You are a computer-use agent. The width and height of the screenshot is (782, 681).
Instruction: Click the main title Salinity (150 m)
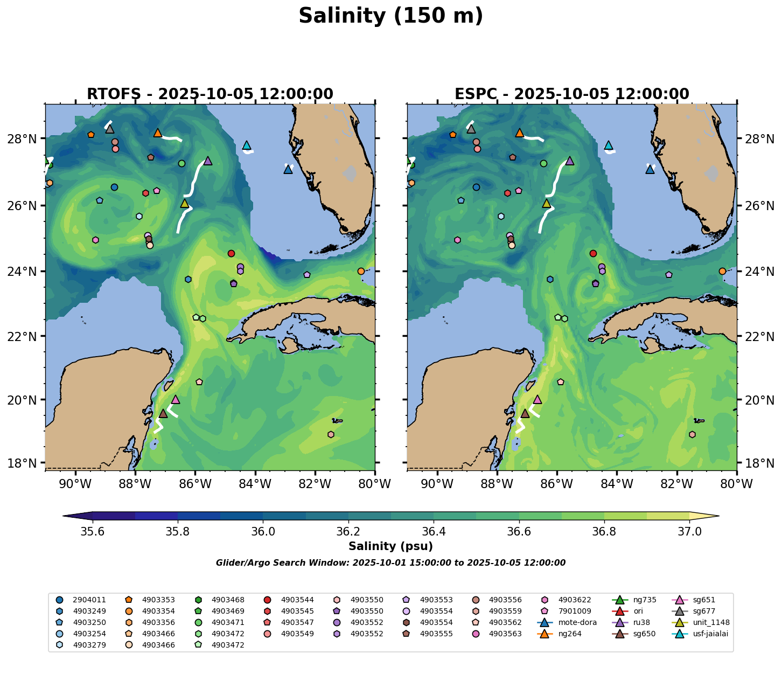pyautogui.click(x=390, y=16)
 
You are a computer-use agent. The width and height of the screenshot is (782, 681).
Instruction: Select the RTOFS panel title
pyautogui.click(x=210, y=94)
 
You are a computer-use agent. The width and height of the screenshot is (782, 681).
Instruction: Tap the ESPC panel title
pyautogui.click(x=571, y=94)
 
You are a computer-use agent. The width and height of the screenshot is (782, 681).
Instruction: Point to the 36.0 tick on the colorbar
pyautogui.click(x=263, y=531)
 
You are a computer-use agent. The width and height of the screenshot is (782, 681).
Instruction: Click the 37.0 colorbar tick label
pyautogui.click(x=689, y=531)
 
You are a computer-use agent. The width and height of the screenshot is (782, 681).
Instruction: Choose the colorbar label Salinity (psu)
pyautogui.click(x=390, y=546)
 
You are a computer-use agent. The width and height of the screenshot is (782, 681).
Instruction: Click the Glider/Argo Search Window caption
pyautogui.click(x=390, y=563)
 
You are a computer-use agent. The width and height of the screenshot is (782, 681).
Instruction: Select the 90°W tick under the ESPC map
pyautogui.click(x=437, y=484)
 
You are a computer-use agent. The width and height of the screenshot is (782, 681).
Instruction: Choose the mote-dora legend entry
pyautogui.click(x=572, y=622)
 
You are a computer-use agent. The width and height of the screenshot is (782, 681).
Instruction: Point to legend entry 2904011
pyautogui.click(x=89, y=600)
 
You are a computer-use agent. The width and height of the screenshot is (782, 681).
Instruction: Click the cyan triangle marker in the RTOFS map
pyautogui.click(x=247, y=145)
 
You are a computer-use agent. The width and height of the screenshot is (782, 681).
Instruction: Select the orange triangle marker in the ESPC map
pyautogui.click(x=519, y=133)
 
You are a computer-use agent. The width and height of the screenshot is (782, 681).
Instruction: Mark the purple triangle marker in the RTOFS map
pyautogui.click(x=208, y=161)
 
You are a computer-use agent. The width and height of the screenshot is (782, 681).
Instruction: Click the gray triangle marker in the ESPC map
pyautogui.click(x=471, y=129)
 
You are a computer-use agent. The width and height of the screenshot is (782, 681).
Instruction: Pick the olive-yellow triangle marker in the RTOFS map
pyautogui.click(x=185, y=204)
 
